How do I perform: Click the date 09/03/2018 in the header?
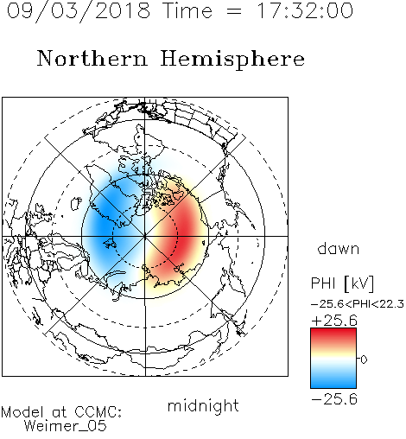79,11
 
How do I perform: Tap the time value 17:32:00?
305,10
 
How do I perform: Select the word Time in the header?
187,10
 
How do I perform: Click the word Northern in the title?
92,58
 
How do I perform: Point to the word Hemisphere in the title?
232,60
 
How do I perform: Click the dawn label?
339,248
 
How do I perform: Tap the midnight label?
203,405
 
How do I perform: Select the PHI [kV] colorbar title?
342,283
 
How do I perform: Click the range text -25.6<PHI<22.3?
358,304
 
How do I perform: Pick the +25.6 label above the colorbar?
334,321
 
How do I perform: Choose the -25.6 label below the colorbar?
334,399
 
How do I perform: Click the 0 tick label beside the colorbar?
364,359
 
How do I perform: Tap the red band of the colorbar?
333,335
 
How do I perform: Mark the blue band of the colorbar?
333,380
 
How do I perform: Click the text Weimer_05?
66,426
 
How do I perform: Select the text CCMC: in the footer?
98,412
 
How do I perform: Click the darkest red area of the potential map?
183,231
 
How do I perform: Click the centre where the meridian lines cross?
145,236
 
